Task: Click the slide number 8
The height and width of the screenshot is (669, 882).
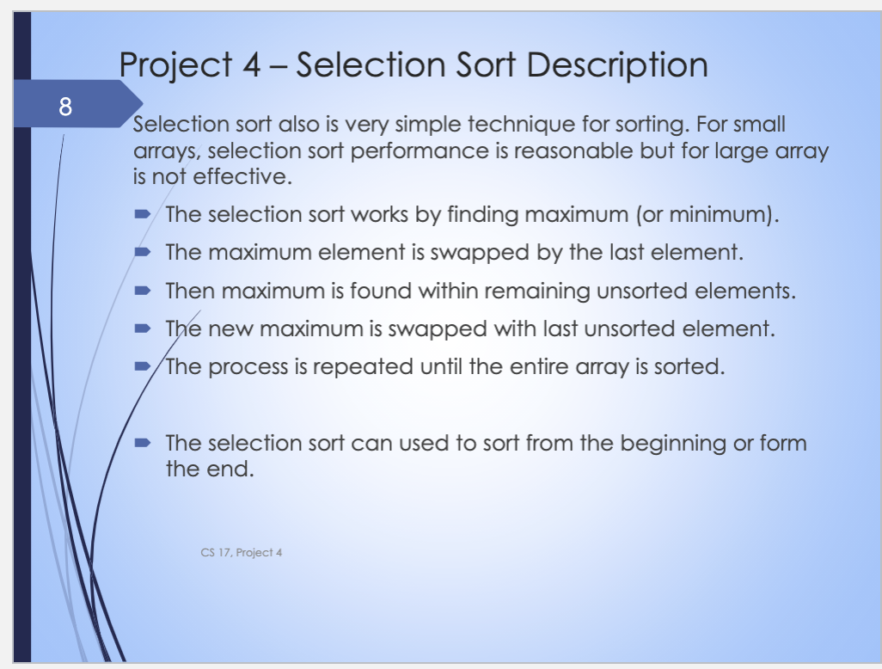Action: pos(65,107)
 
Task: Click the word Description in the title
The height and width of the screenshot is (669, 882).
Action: pos(617,65)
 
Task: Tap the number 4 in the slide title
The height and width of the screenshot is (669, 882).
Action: pos(251,64)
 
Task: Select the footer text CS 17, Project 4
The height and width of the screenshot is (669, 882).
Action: pos(242,553)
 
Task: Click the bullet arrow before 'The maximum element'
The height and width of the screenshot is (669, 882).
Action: pos(143,251)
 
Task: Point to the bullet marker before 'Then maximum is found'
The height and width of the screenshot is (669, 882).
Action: pos(143,291)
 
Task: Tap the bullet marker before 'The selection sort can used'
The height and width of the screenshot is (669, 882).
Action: pos(143,443)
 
